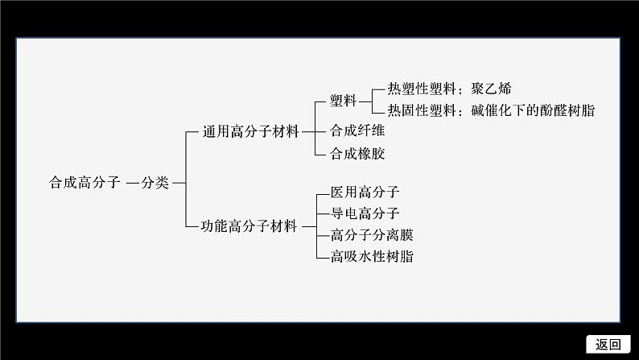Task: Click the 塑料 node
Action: pyautogui.click(x=344, y=101)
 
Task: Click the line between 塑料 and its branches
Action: pyautogui.click(x=363, y=101)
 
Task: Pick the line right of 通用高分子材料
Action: pyautogui.click(x=307, y=130)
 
